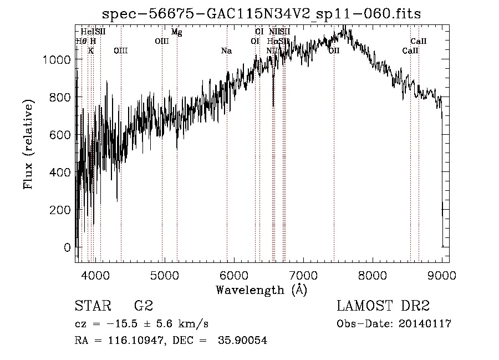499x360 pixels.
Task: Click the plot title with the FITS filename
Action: coord(262,13)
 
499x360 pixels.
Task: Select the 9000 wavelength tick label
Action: coord(442,274)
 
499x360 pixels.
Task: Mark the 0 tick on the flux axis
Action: coord(68,247)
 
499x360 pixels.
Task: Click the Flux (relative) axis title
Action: coord(28,144)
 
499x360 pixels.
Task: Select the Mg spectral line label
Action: coord(176,32)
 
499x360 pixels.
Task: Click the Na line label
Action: coord(226,51)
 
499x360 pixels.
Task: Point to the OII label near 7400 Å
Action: coord(334,51)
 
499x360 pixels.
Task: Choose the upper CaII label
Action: coord(418,42)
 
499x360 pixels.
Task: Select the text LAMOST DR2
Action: coord(383,306)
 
